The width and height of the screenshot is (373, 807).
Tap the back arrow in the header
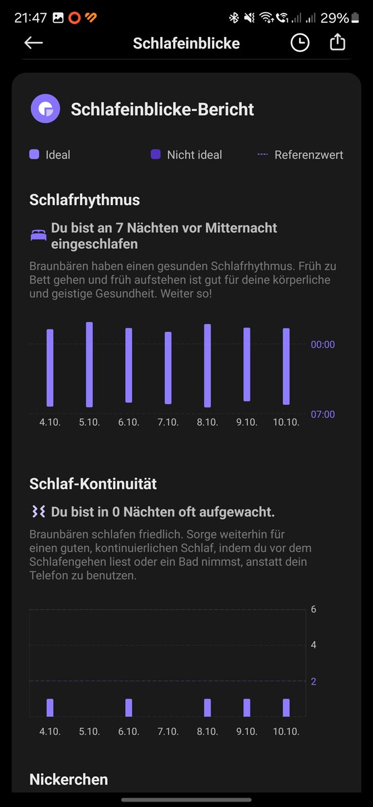pyautogui.click(x=34, y=43)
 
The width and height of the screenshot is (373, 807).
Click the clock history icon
pyautogui.click(x=300, y=43)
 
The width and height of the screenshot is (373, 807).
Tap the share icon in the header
pyautogui.click(x=337, y=42)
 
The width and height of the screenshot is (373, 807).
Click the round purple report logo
pyautogui.click(x=46, y=108)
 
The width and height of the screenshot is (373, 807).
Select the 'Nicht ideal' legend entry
pyautogui.click(x=186, y=155)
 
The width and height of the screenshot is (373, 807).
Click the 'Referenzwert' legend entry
pyautogui.click(x=300, y=155)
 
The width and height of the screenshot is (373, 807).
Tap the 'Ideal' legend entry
pyautogui.click(x=50, y=155)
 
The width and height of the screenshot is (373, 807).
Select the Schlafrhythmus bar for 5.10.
pyautogui.click(x=90, y=364)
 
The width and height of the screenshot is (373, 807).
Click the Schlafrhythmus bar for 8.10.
pyautogui.click(x=207, y=365)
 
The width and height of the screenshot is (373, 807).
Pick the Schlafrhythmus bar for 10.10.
pyautogui.click(x=286, y=366)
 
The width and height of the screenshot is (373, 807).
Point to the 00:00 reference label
pyautogui.click(x=323, y=344)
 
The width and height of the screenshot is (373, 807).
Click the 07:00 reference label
pyautogui.click(x=323, y=414)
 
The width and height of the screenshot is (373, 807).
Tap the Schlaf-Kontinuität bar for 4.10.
pyautogui.click(x=50, y=707)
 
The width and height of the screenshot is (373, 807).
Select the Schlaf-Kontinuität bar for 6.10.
pyautogui.click(x=129, y=707)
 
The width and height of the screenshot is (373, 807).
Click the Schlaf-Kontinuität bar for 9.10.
pyautogui.click(x=246, y=707)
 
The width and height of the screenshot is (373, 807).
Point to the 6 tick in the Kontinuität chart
pyautogui.click(x=314, y=609)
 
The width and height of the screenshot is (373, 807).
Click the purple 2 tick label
pyautogui.click(x=314, y=681)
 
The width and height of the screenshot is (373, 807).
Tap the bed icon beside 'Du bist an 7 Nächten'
pyautogui.click(x=38, y=235)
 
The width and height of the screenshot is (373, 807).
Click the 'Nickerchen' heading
pyautogui.click(x=69, y=779)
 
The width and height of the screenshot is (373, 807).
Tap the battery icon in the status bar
pyautogui.click(x=355, y=17)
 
